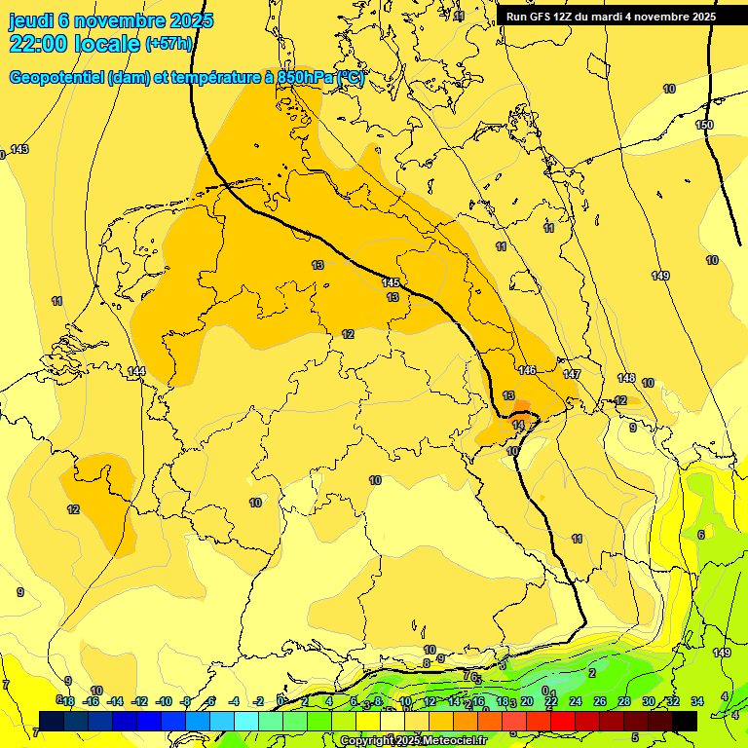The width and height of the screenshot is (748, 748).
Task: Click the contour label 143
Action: [x=19, y=149]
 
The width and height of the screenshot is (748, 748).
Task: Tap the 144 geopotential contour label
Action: [x=136, y=371]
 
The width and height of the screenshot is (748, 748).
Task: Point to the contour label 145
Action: [x=391, y=282]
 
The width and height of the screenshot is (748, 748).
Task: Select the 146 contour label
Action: [x=527, y=370]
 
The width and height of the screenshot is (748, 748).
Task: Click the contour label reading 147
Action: [x=572, y=374]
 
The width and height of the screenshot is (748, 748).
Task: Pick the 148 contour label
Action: [x=626, y=378]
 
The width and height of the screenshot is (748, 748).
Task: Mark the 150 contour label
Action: [x=704, y=125]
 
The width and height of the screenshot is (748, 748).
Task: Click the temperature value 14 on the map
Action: [x=519, y=426]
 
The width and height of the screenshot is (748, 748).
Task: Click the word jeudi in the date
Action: [x=37, y=20]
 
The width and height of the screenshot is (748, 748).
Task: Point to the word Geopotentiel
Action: [x=56, y=78]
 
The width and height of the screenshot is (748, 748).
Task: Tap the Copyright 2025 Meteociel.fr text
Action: [x=414, y=740]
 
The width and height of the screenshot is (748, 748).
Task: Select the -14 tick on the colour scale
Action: [x=115, y=701]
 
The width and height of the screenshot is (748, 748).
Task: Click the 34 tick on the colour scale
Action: [x=697, y=701]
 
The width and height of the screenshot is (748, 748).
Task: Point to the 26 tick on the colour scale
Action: [x=599, y=701]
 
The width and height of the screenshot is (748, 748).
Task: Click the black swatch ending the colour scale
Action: [x=685, y=721]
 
